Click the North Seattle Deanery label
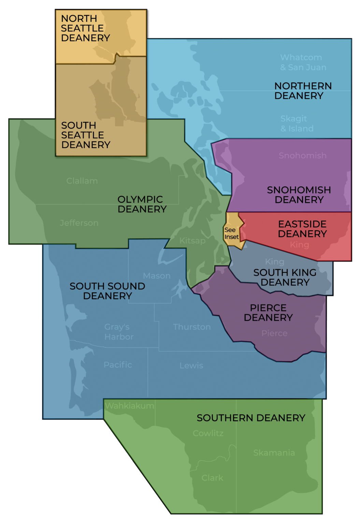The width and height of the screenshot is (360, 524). pos(85,28)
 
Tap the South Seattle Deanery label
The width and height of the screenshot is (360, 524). pos(86,135)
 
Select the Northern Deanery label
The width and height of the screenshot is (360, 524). pos(303,91)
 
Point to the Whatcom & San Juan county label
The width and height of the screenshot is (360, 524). pos(303,62)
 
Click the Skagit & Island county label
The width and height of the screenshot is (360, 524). pos(297,123)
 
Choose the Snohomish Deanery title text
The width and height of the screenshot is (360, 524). pos(299,195)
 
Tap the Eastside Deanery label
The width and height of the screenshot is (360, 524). pos(302,229)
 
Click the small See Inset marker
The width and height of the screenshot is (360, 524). pos(231,233)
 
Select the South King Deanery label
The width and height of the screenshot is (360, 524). pos(285,277)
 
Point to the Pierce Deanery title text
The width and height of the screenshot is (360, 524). pos(268,312)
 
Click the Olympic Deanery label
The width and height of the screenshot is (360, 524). pos(142,204)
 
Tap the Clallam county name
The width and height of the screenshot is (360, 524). pos(82,181)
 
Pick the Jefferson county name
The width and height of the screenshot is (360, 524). pos(79,223)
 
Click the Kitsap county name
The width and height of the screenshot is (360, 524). pos(192,241)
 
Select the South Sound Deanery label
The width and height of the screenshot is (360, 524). pos(107,291)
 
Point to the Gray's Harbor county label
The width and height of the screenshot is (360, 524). pos(119,332)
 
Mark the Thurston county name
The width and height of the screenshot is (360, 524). pos(192,327)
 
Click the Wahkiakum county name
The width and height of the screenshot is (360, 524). pos(130,406)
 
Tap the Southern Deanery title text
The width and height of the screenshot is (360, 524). pos(251,418)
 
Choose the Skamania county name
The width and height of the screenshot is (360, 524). pos(274,453)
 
